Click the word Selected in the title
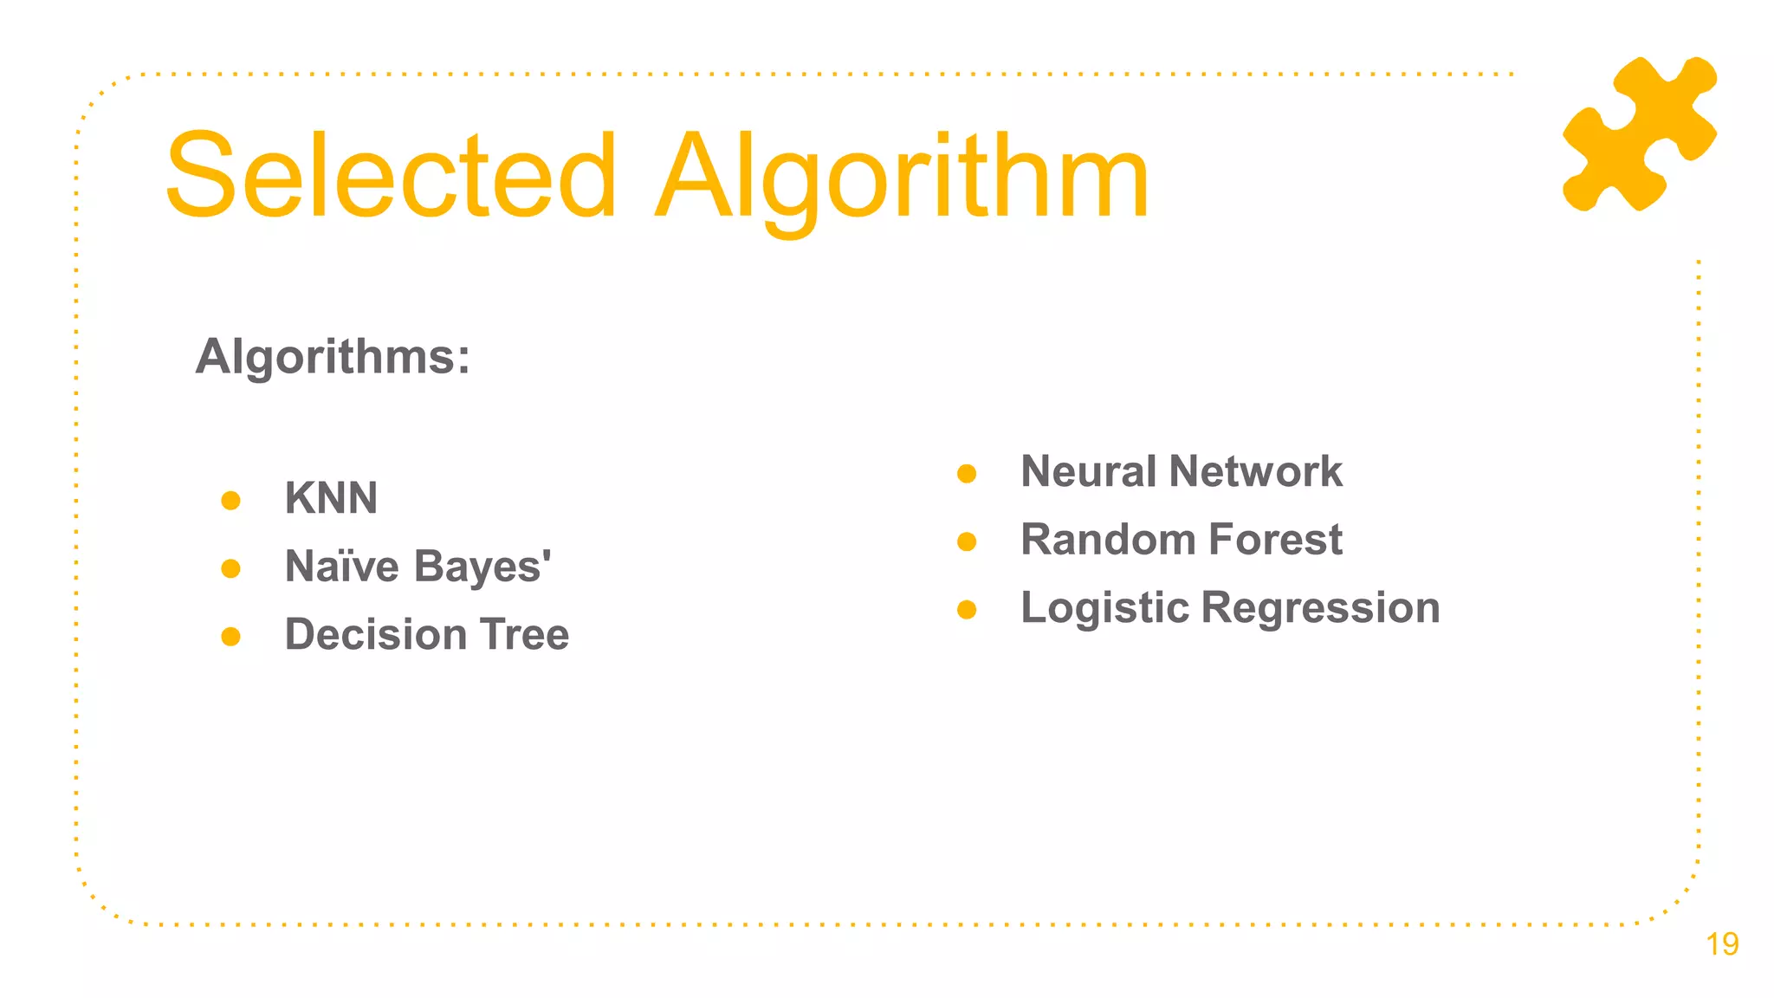(390, 176)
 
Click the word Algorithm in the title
(902, 178)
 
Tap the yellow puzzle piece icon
(1639, 133)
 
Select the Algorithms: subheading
(333, 356)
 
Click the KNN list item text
(331, 498)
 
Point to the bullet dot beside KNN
(230, 501)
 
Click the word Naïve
(342, 567)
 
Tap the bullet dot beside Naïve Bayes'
(230, 568)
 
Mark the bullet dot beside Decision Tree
(230, 637)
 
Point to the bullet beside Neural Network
(967, 474)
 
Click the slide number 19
(1722, 944)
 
